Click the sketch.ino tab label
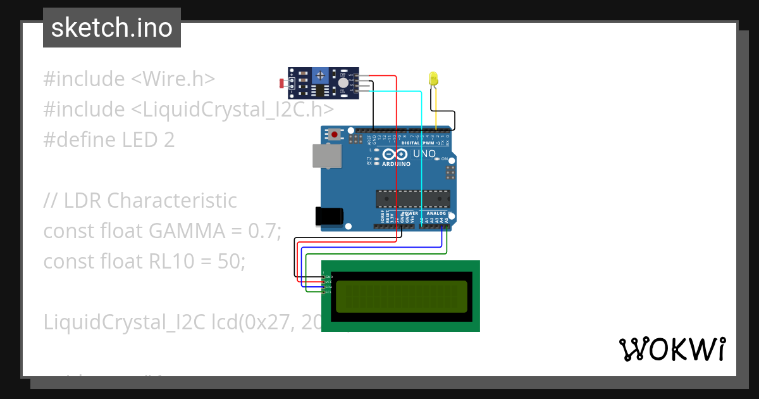[x=112, y=28]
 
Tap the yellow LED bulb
[x=433, y=79]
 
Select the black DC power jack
[x=330, y=217]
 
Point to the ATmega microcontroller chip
[x=413, y=198]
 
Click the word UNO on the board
[x=424, y=153]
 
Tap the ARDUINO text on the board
[x=396, y=164]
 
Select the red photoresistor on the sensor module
[x=282, y=83]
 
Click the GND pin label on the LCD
[x=329, y=277]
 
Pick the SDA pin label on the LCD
[x=329, y=287]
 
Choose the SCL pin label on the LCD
[x=329, y=292]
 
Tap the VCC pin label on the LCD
[x=329, y=282]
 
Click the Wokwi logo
[x=672, y=349]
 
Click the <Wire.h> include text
[x=173, y=79]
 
